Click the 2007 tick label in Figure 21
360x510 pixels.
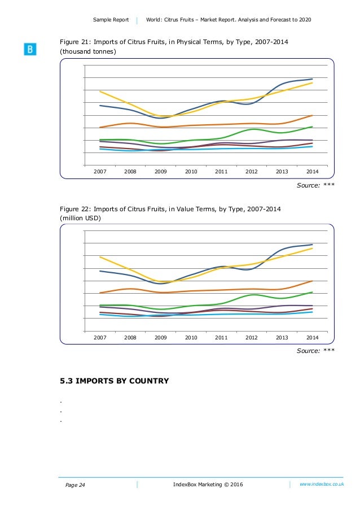100,171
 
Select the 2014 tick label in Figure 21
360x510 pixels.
312,171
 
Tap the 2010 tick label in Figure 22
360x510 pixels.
191,337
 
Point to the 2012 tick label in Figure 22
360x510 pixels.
252,337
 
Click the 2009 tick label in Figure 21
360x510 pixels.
161,171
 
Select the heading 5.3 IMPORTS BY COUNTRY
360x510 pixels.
115,381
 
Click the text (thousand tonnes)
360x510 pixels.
88,52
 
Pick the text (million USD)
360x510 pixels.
81,218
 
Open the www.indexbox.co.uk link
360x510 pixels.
322,484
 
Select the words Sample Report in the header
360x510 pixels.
112,20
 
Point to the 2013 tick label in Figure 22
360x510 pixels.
282,337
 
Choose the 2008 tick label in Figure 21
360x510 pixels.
130,171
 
